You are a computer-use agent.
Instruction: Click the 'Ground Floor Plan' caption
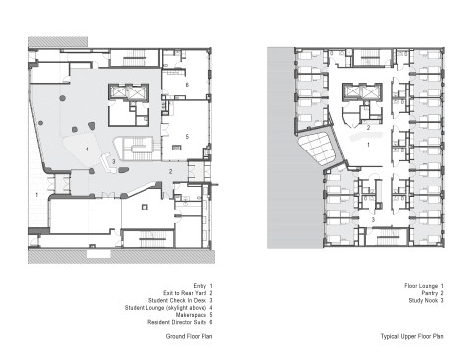coord(189,336)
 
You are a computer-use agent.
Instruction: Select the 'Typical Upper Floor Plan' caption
coord(413,336)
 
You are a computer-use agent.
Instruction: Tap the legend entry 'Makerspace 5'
coord(195,315)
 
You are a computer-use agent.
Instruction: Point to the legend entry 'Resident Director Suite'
coord(177,322)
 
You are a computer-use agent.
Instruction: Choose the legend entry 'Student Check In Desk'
coord(177,300)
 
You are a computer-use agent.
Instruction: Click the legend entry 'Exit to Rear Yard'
coord(185,293)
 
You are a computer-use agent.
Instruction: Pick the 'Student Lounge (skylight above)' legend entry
coord(165,308)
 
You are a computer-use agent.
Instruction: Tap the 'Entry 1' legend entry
coord(204,286)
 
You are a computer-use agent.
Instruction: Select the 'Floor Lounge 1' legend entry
coord(425,286)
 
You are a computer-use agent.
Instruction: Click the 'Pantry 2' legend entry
coord(433,293)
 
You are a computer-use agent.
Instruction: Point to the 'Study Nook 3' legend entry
coord(427,300)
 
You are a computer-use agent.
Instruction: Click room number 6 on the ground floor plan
coord(187,85)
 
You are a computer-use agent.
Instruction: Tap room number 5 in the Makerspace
coord(187,136)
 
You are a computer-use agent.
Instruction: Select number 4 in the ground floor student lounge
coord(87,150)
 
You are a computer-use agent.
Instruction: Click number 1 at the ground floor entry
coord(36,195)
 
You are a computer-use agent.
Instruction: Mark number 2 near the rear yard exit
coord(171,171)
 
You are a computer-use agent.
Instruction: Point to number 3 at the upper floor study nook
coord(373,220)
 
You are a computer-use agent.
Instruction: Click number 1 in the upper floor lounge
coord(368,145)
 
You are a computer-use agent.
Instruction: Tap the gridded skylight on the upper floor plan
coord(319,149)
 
